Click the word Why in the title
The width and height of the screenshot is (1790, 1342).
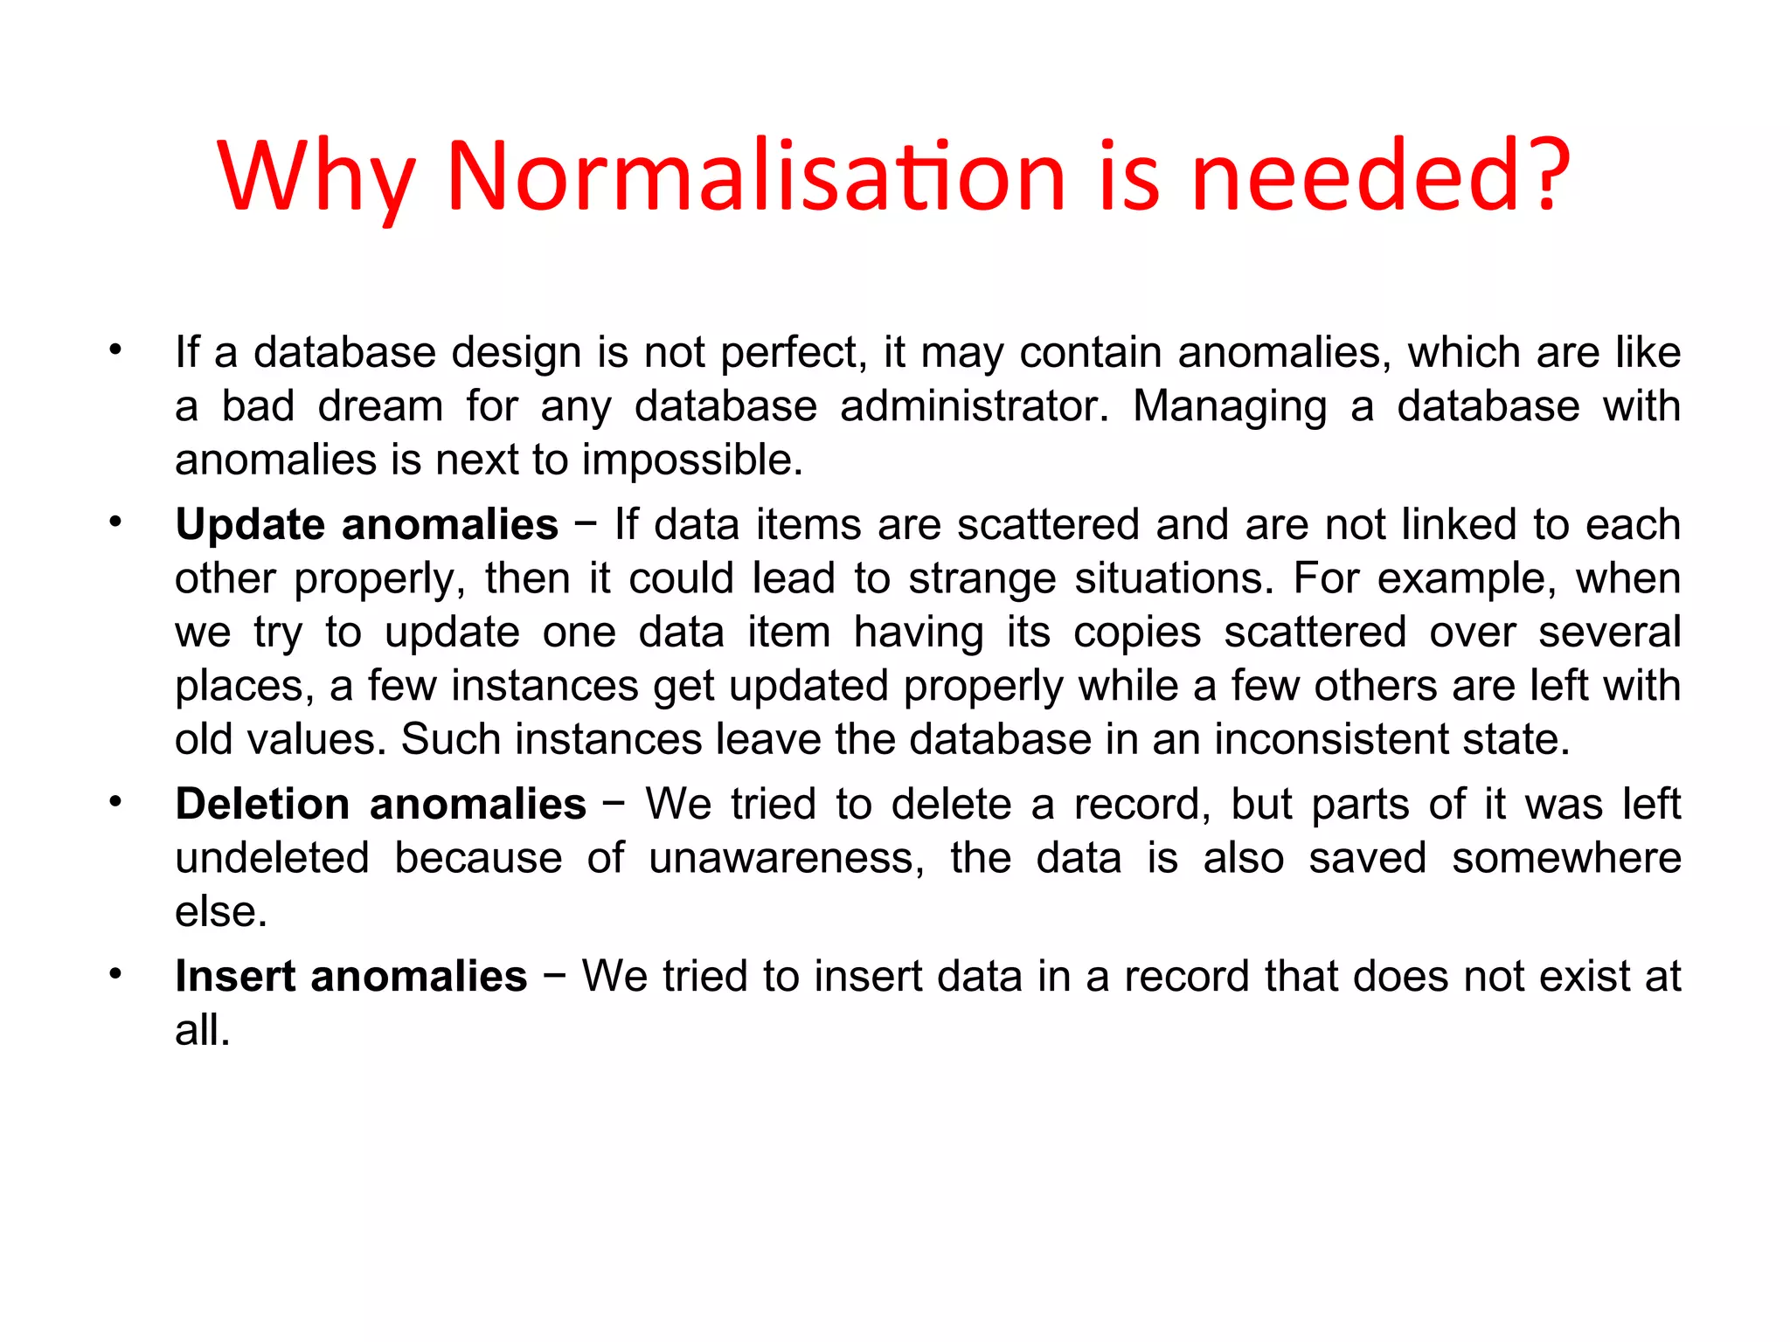pyautogui.click(x=315, y=176)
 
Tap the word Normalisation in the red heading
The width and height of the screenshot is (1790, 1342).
pyautogui.click(x=756, y=176)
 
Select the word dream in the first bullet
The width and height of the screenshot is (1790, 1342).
pyautogui.click(x=380, y=406)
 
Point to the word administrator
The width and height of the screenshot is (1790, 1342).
pyautogui.click(x=974, y=406)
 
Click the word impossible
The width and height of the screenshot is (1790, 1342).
pyautogui.click(x=692, y=460)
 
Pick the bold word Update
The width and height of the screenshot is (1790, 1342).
pyautogui.click(x=250, y=525)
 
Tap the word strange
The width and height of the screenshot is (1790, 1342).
pyautogui.click(x=982, y=578)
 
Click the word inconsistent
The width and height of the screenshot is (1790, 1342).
pyautogui.click(x=1322, y=739)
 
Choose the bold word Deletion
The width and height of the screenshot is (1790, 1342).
pyautogui.click(x=262, y=804)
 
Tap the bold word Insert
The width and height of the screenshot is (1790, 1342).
pyautogui.click(x=234, y=976)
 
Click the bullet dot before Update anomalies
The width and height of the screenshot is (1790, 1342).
pyautogui.click(x=115, y=523)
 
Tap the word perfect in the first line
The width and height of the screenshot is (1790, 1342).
pyautogui.click(x=794, y=353)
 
